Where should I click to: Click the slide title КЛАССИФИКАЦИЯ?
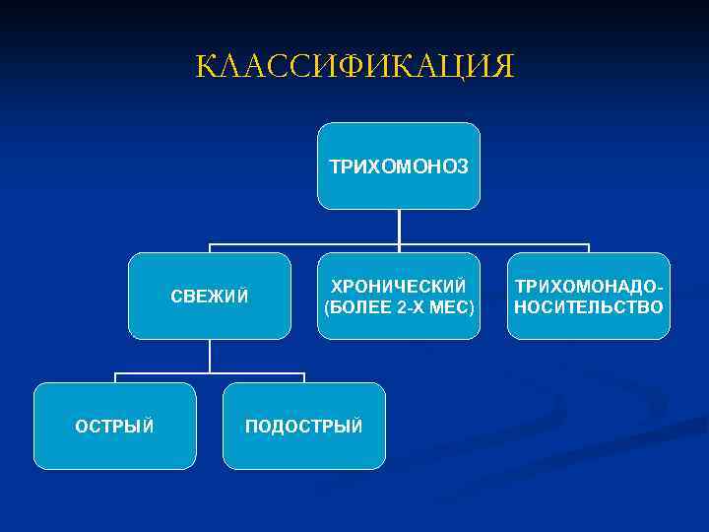coord(354,66)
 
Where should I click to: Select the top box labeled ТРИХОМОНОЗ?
coord(399,166)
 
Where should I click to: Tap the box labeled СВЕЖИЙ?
coord(210,296)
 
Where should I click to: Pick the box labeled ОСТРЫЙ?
coord(114,426)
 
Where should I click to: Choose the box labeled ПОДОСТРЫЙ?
coord(303,426)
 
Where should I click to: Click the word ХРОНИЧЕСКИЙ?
coord(399,286)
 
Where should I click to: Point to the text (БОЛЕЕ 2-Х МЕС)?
coord(399,307)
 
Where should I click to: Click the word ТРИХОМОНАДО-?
coord(588,286)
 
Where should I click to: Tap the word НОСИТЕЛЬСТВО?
coord(588,307)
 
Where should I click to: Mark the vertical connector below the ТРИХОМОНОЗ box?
coord(399,227)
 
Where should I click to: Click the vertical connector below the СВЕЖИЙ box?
coord(210,357)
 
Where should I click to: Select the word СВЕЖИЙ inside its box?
coord(210,296)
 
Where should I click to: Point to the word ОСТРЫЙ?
coord(114,426)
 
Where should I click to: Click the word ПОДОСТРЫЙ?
coord(303,426)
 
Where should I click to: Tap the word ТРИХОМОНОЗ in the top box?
coord(399,166)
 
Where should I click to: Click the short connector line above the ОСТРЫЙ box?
coord(115,377)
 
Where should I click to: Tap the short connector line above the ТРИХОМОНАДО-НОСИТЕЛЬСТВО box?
coord(588,248)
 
